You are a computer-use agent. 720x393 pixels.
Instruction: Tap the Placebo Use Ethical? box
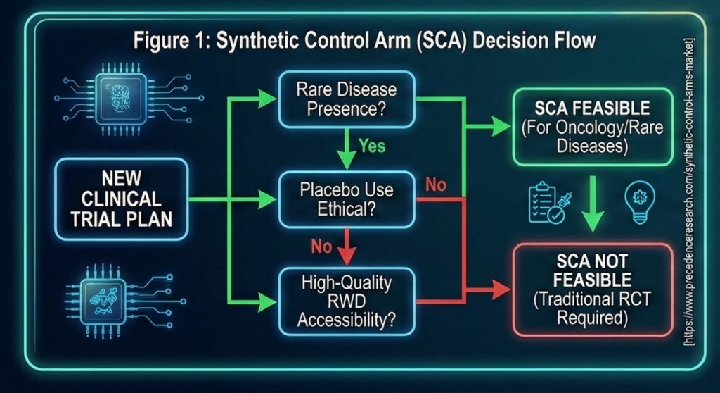tap(347, 200)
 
